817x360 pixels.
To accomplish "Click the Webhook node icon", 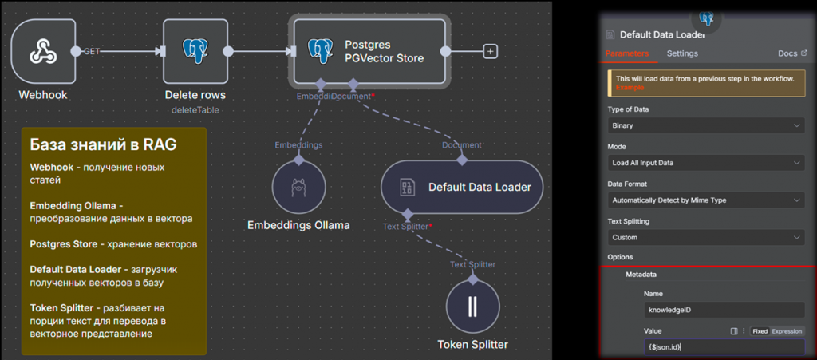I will [43, 52].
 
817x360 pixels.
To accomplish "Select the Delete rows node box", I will [195, 52].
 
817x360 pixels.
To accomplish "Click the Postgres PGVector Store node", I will [369, 52].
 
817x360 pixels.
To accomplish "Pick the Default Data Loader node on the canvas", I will [462, 187].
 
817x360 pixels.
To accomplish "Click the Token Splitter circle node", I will [472, 307].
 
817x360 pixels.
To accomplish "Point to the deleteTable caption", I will [195, 110].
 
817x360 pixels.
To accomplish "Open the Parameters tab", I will [626, 53].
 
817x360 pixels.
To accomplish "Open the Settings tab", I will [682, 53].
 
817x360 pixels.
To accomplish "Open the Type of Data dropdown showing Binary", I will [706, 126].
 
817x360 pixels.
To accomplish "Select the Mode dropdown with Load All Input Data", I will [706, 164].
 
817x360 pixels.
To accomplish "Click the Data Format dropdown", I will [706, 200].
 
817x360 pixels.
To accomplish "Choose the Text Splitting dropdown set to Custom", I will [706, 238].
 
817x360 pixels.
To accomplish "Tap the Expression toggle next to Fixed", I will [787, 331].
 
